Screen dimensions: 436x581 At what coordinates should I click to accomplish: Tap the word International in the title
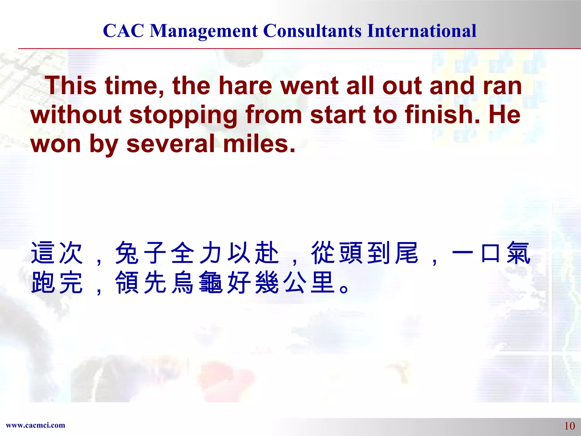coord(422,31)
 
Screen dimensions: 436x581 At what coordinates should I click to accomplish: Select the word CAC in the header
coord(123,31)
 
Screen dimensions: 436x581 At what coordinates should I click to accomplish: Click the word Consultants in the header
coord(312,31)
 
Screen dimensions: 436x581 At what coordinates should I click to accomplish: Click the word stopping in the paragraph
coord(183,115)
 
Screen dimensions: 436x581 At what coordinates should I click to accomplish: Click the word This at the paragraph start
coord(72,86)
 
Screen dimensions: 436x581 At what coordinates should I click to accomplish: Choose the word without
coord(76,115)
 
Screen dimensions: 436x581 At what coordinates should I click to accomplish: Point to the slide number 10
coord(569,426)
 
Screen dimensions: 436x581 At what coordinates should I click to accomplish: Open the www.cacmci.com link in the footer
coord(35,425)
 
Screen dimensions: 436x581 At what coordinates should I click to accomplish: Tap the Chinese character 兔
coord(127,253)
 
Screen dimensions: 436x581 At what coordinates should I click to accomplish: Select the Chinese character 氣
coord(519,253)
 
